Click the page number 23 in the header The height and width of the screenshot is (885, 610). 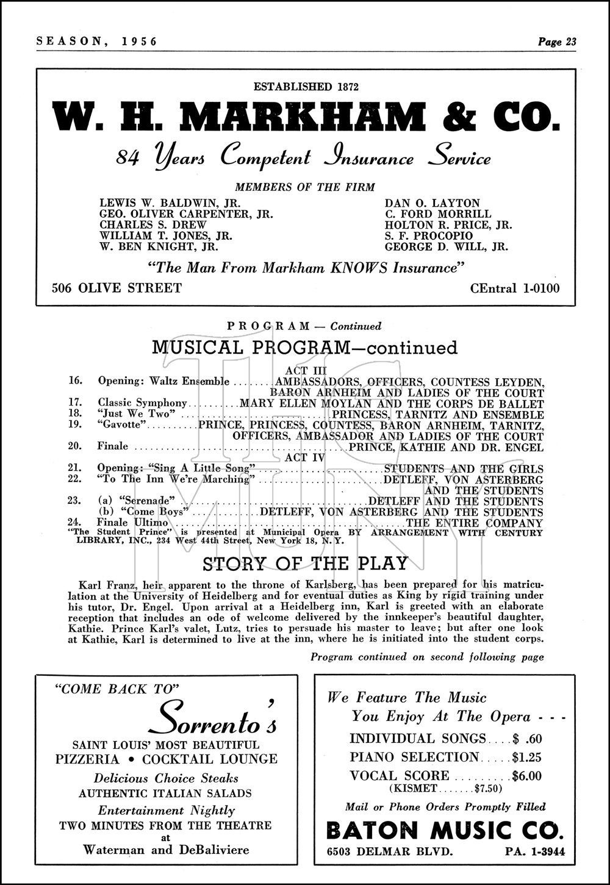coord(570,41)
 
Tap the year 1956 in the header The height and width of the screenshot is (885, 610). coord(140,41)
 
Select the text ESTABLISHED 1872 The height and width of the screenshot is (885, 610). coord(305,87)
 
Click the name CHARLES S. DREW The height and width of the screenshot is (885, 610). coord(144,225)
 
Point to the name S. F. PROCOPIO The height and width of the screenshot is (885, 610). coord(428,236)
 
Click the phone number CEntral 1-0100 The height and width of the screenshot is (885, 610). coord(515,288)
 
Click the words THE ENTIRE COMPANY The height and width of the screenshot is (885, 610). coord(474,523)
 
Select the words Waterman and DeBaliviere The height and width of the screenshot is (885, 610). coord(165,850)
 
